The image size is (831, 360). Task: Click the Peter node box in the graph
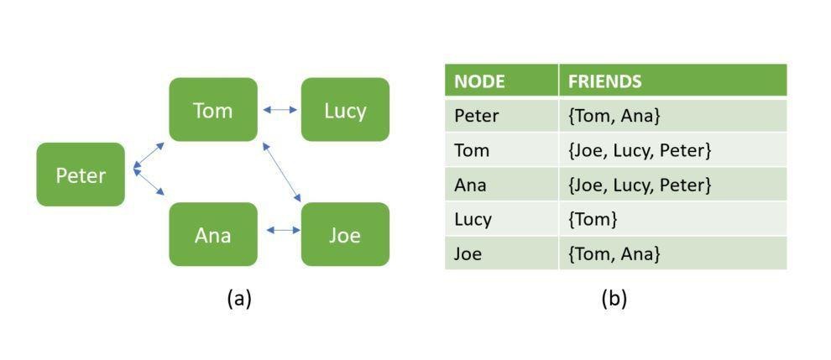[81, 175]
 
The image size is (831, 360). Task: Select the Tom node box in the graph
[213, 110]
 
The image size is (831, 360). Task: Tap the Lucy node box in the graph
[345, 110]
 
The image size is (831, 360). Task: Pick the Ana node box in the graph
[213, 234]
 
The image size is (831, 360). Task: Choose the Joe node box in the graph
[345, 234]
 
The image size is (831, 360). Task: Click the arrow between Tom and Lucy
[280, 110]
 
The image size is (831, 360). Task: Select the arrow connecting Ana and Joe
[284, 230]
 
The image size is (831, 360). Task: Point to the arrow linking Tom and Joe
[282, 172]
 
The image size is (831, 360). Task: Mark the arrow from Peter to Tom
[149, 156]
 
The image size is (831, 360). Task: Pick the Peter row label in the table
[477, 116]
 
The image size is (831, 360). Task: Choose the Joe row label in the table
[468, 253]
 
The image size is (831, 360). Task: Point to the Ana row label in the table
[470, 185]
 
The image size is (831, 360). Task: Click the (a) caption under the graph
[239, 300]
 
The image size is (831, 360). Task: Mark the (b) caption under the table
[614, 300]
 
